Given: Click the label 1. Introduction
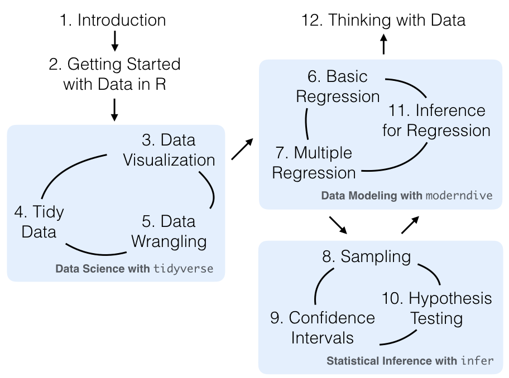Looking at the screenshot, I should [113, 21].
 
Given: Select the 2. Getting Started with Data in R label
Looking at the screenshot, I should [114, 74].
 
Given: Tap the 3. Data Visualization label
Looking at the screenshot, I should [169, 149].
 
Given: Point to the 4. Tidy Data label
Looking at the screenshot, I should [39, 221].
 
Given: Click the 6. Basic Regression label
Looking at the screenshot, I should [338, 85].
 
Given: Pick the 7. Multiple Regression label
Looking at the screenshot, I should [314, 162].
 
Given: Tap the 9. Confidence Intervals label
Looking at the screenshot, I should [323, 327].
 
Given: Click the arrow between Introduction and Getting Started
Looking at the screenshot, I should [114, 41].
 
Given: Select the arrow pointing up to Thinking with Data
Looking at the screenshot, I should [383, 43].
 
